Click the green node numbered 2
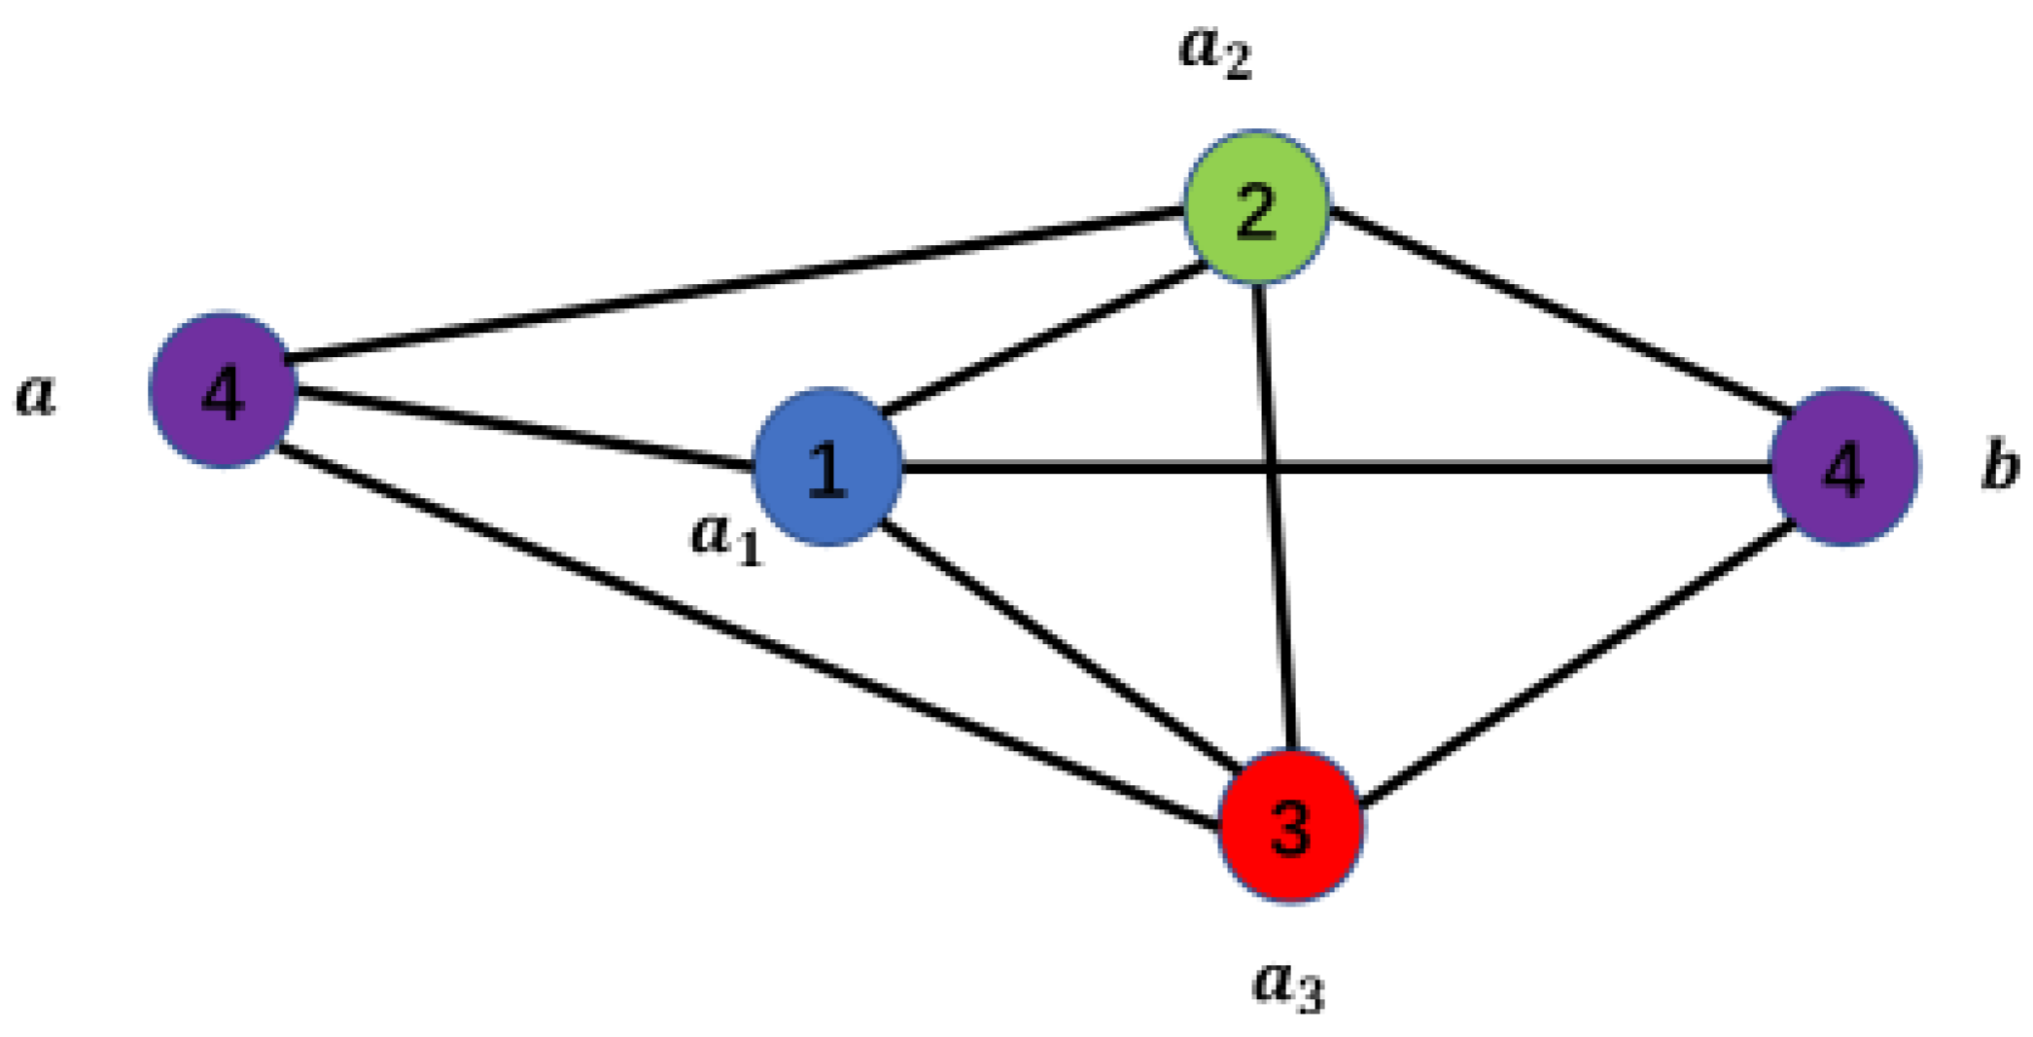pyautogui.click(x=1256, y=207)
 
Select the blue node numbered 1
pyautogui.click(x=827, y=467)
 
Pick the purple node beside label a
pyautogui.click(x=223, y=391)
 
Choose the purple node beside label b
pyautogui.click(x=1843, y=468)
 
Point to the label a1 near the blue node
pyautogui.click(x=725, y=537)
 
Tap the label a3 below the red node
pyautogui.click(x=1288, y=984)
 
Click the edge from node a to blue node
pyautogui.click(x=525, y=429)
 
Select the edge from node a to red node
pyautogui.click(x=749, y=637)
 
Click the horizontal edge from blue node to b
pyautogui.click(x=1556, y=469)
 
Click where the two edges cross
pyautogui.click(x=1273, y=469)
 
